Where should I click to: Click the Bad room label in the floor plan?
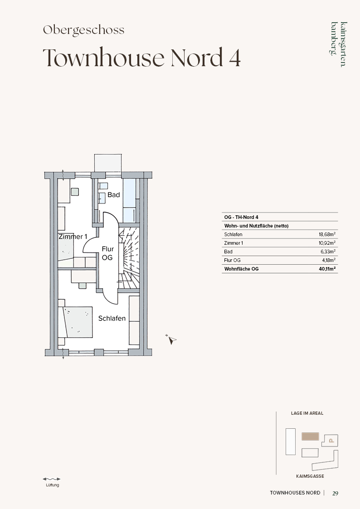click(x=114, y=195)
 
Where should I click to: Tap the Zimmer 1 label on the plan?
click(x=73, y=237)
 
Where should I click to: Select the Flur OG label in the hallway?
click(x=107, y=253)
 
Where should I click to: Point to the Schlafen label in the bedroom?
click(x=112, y=319)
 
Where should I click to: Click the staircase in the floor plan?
click(x=129, y=257)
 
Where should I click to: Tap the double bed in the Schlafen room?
click(x=76, y=322)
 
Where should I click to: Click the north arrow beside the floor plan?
click(x=171, y=339)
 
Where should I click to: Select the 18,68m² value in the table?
click(x=327, y=234)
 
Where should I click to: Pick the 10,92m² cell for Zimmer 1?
click(x=327, y=243)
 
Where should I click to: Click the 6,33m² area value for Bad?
click(x=328, y=252)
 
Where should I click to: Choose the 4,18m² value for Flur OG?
click(x=329, y=260)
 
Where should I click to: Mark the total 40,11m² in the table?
click(x=327, y=269)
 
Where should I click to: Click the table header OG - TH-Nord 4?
click(x=241, y=217)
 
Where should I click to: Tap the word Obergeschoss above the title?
click(x=84, y=30)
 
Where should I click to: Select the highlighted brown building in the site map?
click(x=310, y=436)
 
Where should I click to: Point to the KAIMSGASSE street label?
click(x=310, y=476)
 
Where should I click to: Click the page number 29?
click(x=336, y=494)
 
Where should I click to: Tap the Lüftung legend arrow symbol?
click(x=52, y=479)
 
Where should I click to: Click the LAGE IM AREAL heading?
click(x=307, y=413)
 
